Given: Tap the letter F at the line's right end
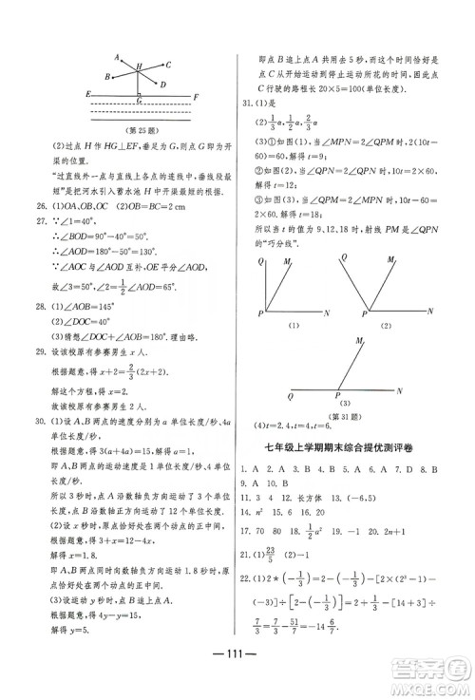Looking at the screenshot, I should [x=195, y=97].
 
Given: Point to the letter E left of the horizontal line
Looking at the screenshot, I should [x=87, y=94].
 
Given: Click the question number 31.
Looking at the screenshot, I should [x=245, y=104].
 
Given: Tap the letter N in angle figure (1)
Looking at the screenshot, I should [x=327, y=312].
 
